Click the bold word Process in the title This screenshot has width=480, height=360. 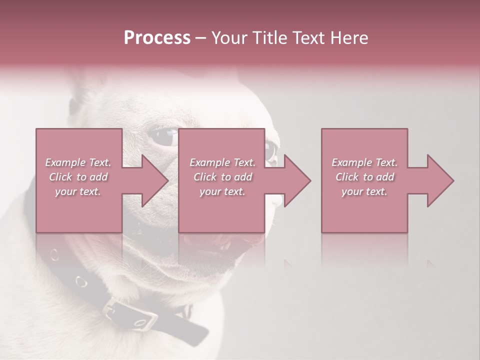click(157, 38)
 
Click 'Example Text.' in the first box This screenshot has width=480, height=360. click(78, 162)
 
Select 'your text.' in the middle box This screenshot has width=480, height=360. click(222, 191)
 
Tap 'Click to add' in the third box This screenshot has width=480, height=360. click(364, 177)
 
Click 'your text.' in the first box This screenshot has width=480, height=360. click(78, 191)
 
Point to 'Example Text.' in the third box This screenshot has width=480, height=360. click(364, 162)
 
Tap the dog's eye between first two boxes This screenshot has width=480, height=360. click(164, 138)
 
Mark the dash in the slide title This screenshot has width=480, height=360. click(200, 38)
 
